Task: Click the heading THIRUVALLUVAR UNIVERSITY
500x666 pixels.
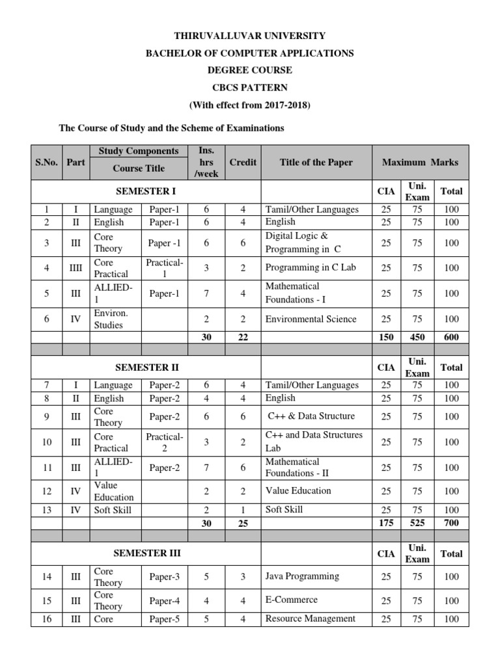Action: (x=250, y=36)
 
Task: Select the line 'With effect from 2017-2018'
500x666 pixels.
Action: (x=250, y=105)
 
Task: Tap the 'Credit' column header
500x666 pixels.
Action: (x=243, y=162)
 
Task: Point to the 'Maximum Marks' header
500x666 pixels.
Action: (x=420, y=162)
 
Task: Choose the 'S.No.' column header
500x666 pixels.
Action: (x=46, y=162)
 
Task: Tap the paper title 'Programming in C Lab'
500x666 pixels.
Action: (x=311, y=267)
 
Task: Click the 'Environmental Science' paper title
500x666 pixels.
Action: (x=311, y=319)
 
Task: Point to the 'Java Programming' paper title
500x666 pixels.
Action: (x=302, y=576)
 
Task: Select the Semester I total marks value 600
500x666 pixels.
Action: (x=452, y=337)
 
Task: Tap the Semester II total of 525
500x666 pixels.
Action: (x=417, y=522)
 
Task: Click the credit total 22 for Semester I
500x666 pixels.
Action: (x=243, y=337)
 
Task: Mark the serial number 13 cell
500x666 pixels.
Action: (x=46, y=510)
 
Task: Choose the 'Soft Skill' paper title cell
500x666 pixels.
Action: (x=285, y=509)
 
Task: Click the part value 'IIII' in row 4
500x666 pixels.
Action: (x=76, y=267)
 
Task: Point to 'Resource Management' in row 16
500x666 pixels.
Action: (x=310, y=619)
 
